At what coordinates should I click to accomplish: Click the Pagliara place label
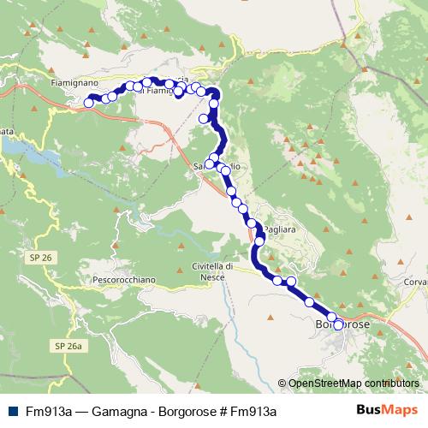[282, 230]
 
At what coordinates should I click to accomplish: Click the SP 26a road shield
[67, 345]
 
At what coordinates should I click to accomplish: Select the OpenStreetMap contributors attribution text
[354, 383]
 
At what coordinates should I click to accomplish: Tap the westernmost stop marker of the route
[89, 103]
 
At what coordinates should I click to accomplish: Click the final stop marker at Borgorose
[338, 324]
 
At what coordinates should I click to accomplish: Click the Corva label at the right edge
[416, 281]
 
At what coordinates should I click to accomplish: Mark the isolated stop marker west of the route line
[204, 118]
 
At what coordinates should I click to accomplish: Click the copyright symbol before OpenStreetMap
[282, 383]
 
